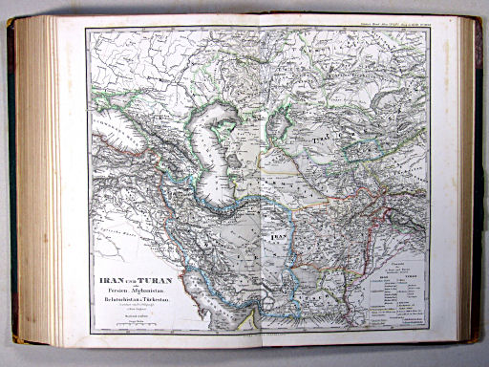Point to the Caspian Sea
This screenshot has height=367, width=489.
click(228, 153)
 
